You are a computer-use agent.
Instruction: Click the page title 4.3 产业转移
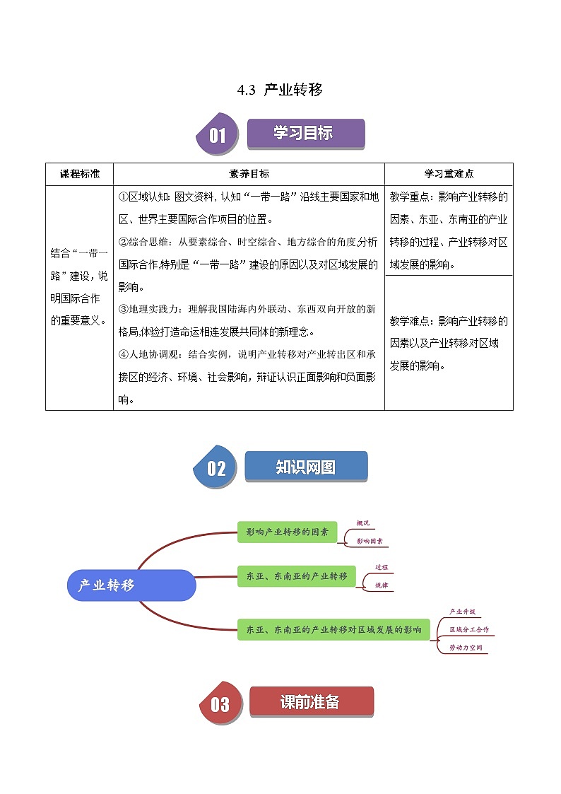coord(280,90)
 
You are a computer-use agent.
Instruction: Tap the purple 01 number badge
coord(216,134)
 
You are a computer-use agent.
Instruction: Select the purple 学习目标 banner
coord(305,133)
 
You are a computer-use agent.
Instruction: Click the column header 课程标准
coord(79,174)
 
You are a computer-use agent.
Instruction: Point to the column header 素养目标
coord(249,174)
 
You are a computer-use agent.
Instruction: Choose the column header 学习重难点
coord(449,174)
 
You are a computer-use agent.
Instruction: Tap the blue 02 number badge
coord(215,467)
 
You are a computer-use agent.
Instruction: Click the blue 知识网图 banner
coord(306,467)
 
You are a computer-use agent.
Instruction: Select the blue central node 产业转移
coord(131,585)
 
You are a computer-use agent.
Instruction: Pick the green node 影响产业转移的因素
coord(287,532)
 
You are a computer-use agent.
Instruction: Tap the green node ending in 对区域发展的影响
coord(333,628)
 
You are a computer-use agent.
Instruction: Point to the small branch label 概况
coord(363,523)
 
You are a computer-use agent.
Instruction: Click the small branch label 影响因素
coord(370,541)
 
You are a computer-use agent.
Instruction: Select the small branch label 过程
coord(382,567)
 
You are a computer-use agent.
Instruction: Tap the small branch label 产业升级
coord(462,611)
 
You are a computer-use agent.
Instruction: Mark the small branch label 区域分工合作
coord(468,629)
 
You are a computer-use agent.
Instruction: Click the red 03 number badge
coord(220,703)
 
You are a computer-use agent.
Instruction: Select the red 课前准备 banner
coord(311,702)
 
